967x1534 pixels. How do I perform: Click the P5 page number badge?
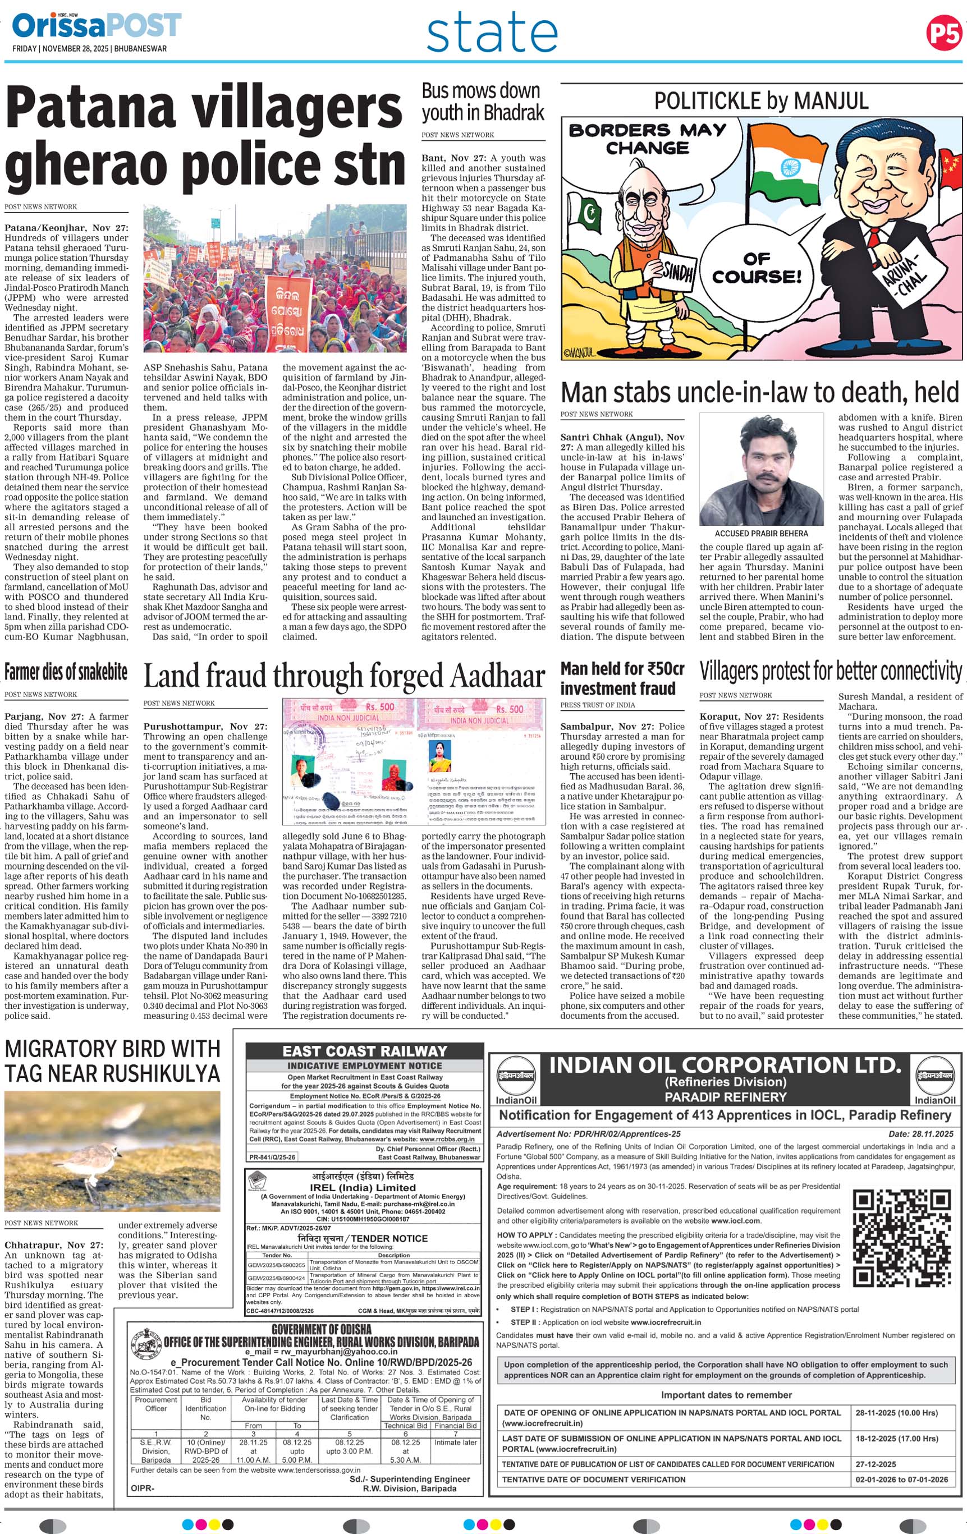tap(943, 33)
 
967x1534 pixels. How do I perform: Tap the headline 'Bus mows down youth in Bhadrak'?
tap(482, 102)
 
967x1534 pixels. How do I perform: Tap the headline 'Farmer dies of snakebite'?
tap(66, 672)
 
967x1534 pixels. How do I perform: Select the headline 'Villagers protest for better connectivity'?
tap(830, 671)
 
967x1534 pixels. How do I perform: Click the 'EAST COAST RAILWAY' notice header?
tap(364, 1051)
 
